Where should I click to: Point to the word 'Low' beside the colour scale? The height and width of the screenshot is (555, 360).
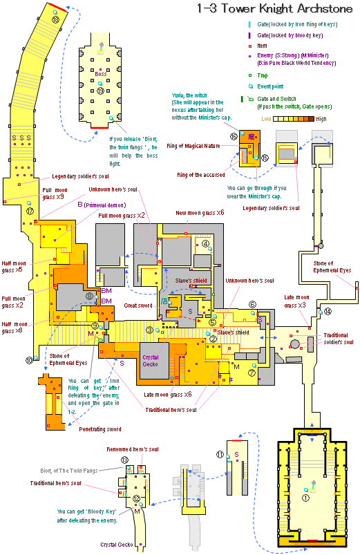tap(266, 119)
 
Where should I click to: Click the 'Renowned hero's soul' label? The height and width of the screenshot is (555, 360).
tap(135, 449)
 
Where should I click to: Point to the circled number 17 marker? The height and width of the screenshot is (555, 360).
tap(29, 211)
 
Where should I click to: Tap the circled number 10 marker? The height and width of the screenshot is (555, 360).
tap(28, 360)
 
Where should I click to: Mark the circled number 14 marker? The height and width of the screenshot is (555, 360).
tap(328, 311)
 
